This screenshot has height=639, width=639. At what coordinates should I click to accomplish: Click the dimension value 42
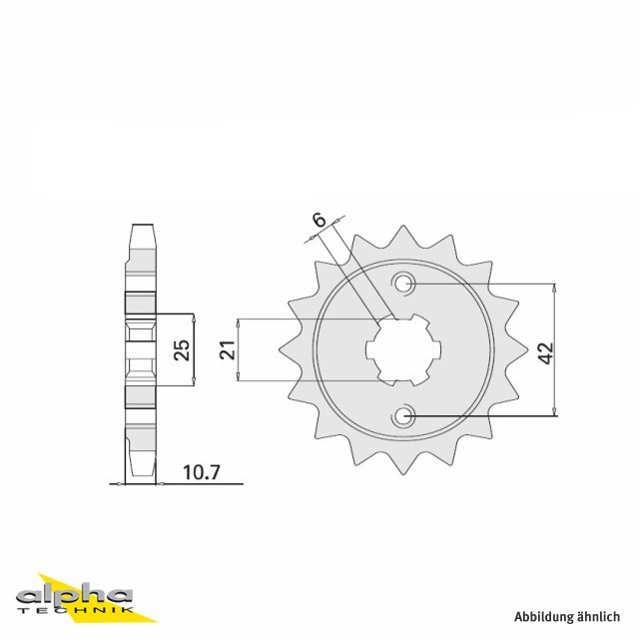click(545, 352)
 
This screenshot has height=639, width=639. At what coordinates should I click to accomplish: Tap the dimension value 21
click(228, 349)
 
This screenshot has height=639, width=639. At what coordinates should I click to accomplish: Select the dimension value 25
click(182, 349)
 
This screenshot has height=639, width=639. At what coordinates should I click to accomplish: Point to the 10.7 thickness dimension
click(202, 472)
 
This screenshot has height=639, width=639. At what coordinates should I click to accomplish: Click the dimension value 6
click(319, 220)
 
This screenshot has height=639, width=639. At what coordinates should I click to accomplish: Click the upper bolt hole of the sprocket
click(403, 284)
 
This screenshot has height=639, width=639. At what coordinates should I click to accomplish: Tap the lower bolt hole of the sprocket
click(403, 416)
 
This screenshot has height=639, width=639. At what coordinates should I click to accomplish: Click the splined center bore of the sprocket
click(403, 349)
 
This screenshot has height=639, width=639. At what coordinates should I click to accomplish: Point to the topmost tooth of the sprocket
click(403, 235)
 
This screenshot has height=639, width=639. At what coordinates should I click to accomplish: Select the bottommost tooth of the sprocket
click(403, 464)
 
